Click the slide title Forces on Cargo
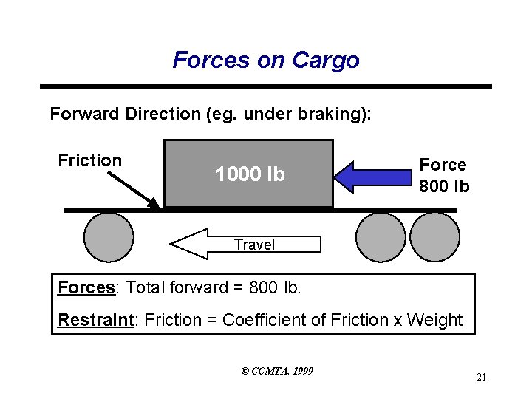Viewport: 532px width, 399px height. coord(266,60)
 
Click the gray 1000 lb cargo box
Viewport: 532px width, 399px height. coord(249,174)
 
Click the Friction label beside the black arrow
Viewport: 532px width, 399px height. coord(89,160)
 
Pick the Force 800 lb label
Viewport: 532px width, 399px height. coord(443,176)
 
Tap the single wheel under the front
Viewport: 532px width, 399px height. coord(109,237)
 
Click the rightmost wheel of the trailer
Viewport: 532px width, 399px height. coord(435,237)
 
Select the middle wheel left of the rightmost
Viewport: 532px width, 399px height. coord(381,237)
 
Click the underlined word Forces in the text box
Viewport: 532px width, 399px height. coord(86,287)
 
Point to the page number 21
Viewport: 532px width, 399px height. coord(481,378)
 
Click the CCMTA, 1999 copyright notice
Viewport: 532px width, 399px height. coord(277,370)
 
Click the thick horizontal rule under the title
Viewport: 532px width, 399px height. coord(266,86)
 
